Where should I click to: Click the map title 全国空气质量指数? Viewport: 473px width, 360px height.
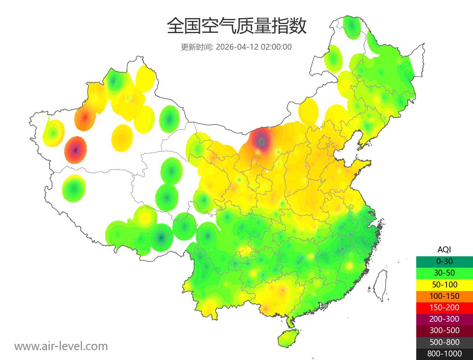coord(236,26)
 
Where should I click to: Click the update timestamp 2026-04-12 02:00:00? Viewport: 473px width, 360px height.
coord(254,47)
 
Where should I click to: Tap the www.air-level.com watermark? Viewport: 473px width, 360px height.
coord(61,346)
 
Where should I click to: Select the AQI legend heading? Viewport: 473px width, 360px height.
coord(444,250)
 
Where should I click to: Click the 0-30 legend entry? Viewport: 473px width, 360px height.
coord(444,261)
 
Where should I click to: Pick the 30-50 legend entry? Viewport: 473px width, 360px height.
coord(444,272)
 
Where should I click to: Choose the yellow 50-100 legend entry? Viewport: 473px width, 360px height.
coord(444,284)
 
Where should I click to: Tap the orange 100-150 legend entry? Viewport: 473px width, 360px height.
coord(444,296)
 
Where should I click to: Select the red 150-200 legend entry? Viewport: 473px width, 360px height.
coord(444,307)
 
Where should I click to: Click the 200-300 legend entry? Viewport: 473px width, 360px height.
coord(444,319)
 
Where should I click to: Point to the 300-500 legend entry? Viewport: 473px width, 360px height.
coord(444,330)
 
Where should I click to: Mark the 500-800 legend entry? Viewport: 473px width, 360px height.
coord(444,342)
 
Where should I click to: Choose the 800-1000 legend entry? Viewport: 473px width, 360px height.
coord(444,354)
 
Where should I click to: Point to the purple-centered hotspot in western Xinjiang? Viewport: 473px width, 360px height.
coord(75,150)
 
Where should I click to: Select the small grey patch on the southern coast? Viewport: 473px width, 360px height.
coord(325,305)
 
